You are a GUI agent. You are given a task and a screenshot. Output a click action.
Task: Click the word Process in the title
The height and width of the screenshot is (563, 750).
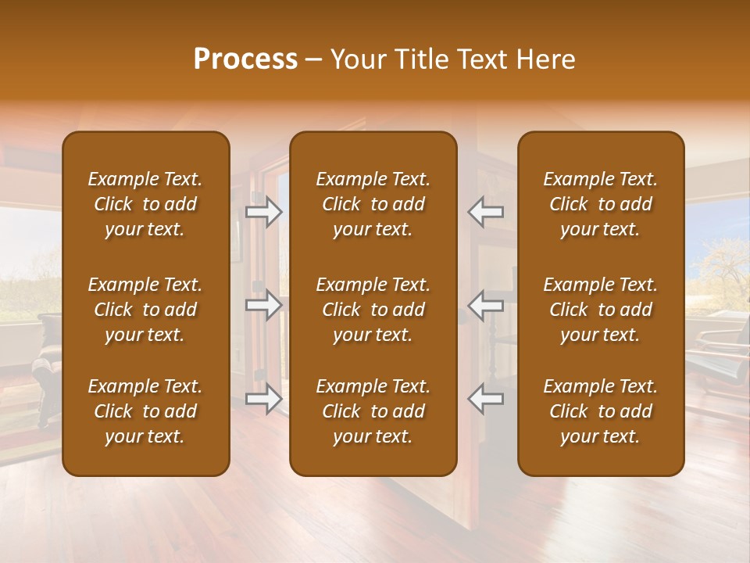point(245,59)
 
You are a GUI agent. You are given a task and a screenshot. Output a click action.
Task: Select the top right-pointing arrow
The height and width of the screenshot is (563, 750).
point(263,211)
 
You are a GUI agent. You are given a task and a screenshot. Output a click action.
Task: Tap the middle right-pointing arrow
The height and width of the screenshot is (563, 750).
point(263,305)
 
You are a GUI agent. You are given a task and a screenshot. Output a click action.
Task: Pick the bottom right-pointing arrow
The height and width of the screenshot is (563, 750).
point(263,399)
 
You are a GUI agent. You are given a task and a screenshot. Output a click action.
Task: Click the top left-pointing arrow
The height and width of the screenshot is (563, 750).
point(486,211)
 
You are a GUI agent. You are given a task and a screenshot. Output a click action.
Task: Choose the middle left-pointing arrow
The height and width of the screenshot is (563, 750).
point(486,305)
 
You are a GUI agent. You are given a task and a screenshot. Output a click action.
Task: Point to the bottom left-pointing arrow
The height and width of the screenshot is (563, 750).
point(486,399)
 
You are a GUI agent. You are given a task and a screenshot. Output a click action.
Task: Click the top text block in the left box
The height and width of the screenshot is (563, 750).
point(145,204)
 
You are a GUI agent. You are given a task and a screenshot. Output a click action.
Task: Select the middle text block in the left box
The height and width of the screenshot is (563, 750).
point(145,310)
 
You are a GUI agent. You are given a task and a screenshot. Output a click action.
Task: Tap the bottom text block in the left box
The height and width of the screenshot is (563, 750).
point(145,411)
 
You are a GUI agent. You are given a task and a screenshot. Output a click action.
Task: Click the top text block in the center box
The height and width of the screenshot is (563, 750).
point(373,204)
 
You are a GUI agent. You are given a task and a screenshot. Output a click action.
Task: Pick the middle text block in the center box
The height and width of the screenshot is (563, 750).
point(373,310)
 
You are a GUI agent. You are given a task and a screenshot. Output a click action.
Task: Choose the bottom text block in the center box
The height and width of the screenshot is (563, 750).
point(373,411)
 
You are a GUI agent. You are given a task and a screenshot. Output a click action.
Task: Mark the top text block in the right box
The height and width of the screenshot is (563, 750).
point(600,204)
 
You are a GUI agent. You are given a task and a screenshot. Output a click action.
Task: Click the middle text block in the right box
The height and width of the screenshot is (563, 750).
point(600,310)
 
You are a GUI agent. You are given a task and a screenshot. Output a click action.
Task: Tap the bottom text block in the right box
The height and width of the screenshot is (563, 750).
point(600,411)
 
